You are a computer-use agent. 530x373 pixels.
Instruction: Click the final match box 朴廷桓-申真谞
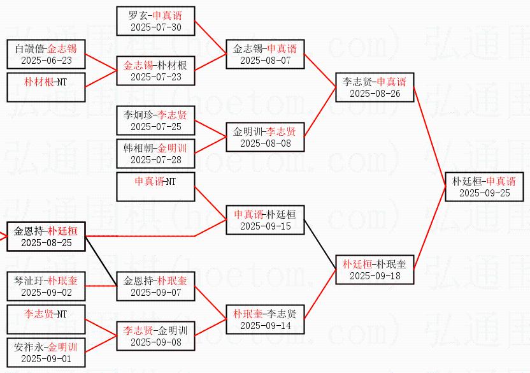(x=484, y=187)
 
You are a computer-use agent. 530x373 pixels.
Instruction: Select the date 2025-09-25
(x=484, y=193)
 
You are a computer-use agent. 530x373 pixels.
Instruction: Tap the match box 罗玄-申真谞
(x=156, y=21)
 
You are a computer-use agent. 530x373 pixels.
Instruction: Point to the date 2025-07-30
(x=156, y=27)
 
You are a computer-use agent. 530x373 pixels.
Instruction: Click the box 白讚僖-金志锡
(x=47, y=54)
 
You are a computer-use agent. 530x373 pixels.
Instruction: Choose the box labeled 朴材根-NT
(x=47, y=87)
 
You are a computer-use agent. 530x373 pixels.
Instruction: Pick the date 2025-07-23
(x=156, y=77)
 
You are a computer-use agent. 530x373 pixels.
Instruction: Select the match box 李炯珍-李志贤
(x=156, y=121)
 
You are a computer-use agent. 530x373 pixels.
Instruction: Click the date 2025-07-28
(x=156, y=160)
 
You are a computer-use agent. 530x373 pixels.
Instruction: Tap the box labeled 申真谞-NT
(x=156, y=187)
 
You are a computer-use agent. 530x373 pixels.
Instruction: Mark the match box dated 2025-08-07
(x=266, y=54)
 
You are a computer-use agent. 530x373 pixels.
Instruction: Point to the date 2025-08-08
(x=266, y=143)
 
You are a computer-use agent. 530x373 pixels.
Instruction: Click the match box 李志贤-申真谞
(x=375, y=87)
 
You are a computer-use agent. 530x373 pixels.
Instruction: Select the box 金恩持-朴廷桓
(x=47, y=237)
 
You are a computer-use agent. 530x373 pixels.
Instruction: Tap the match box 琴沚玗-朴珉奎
(x=47, y=286)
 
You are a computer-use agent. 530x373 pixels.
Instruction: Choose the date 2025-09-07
(x=156, y=293)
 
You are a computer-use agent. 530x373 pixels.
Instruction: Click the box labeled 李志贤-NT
(x=47, y=319)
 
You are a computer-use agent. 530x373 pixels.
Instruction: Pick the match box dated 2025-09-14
(x=266, y=319)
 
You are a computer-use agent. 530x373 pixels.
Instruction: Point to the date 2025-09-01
(x=47, y=359)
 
